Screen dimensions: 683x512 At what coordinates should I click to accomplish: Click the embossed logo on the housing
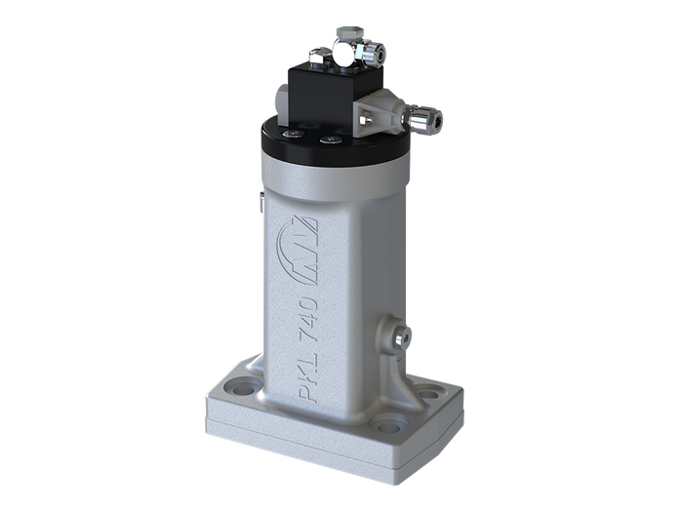click(x=298, y=250)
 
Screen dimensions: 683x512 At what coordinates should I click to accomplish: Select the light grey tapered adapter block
click(x=380, y=114)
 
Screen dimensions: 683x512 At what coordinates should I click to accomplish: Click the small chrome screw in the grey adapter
click(x=367, y=119)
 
